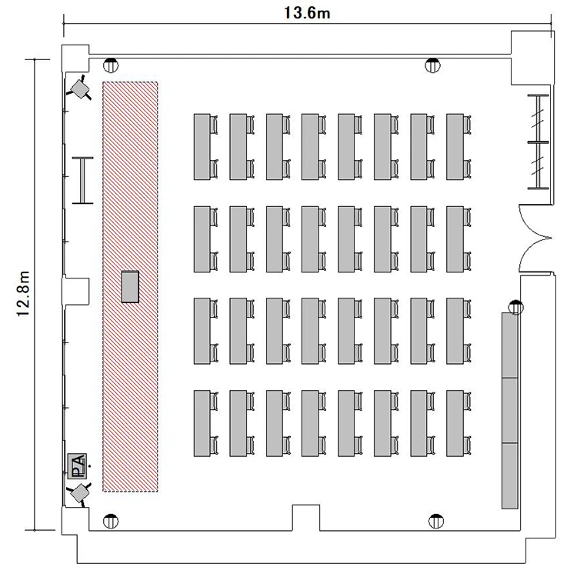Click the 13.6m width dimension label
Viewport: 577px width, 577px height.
[306, 13]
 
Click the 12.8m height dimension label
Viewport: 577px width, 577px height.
[24, 294]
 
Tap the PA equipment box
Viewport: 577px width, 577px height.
[78, 466]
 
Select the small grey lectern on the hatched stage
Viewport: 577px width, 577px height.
[130, 287]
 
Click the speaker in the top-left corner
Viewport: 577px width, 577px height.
[79, 88]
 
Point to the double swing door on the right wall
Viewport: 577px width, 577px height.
[535, 238]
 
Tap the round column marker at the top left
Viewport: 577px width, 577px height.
[111, 65]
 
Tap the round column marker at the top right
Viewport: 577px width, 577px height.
[432, 65]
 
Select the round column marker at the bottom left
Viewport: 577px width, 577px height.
[111, 521]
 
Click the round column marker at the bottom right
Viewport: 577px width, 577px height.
[436, 521]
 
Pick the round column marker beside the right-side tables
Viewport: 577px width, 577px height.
[516, 307]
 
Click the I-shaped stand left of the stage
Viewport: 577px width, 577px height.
[83, 180]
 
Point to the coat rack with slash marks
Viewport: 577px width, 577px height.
[538, 142]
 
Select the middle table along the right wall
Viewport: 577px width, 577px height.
[510, 410]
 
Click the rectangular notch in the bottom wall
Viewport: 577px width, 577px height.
[306, 518]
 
